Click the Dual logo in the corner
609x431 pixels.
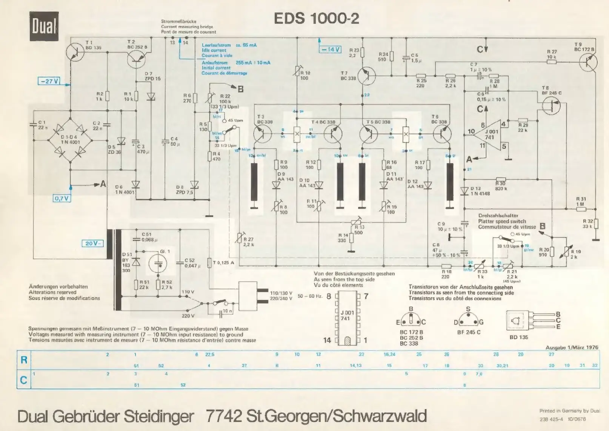coord(44,26)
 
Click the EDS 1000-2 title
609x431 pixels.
coord(316,19)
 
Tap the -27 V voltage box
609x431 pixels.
coord(49,81)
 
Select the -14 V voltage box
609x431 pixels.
coord(330,49)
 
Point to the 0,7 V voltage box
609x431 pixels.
coord(62,198)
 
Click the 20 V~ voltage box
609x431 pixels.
coord(92,243)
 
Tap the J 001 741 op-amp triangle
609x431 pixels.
coord(490,134)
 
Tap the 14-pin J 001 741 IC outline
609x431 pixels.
coord(348,318)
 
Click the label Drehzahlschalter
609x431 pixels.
coord(498,216)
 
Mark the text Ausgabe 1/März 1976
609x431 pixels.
coord(572,347)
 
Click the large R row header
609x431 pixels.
coord(24,360)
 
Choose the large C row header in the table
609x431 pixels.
coord(24,380)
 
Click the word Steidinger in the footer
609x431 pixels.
coord(159,416)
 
